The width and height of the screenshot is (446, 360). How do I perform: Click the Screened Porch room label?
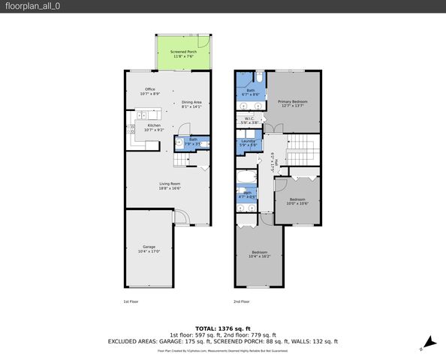[x=183, y=53]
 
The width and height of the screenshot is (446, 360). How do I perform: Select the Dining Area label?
[x=191, y=104]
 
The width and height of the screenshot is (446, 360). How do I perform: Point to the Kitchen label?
[x=153, y=127]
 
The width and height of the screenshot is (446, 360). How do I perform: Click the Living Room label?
[x=169, y=186]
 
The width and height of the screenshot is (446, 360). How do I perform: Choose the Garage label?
[x=149, y=248]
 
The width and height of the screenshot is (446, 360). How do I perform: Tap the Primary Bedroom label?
[x=294, y=103]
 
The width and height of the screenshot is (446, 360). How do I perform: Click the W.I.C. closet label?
[x=249, y=120]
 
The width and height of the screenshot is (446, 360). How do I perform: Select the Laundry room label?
[x=249, y=142]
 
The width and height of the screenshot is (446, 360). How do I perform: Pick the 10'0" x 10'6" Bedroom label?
[x=297, y=201]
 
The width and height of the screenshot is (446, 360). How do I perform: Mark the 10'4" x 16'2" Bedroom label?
[x=259, y=254]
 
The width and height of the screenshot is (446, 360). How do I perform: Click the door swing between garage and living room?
[x=179, y=217]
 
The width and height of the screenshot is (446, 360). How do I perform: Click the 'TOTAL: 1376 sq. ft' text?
[x=223, y=328]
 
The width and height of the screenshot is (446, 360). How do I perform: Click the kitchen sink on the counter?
[x=140, y=116]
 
